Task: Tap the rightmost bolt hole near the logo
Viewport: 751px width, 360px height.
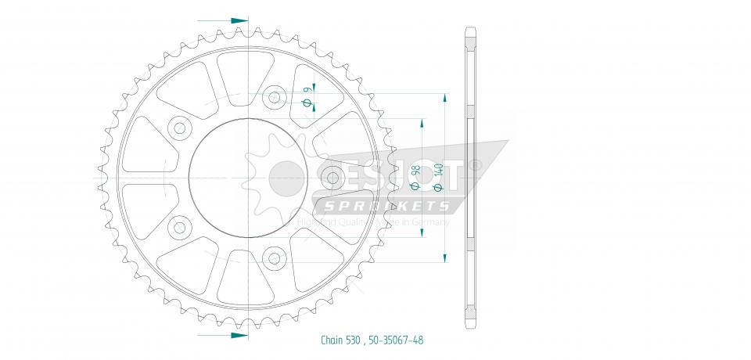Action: point(332,178)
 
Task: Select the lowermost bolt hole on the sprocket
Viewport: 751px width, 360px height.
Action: point(274,256)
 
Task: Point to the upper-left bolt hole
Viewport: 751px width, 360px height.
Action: point(180,128)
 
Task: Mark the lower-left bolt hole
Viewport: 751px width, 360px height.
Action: point(180,227)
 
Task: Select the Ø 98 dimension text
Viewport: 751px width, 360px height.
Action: point(415,177)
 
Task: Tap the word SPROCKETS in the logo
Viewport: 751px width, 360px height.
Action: point(388,207)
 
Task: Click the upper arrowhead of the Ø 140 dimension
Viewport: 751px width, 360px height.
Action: point(445,99)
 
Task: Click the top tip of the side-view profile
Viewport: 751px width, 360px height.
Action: point(469,30)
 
